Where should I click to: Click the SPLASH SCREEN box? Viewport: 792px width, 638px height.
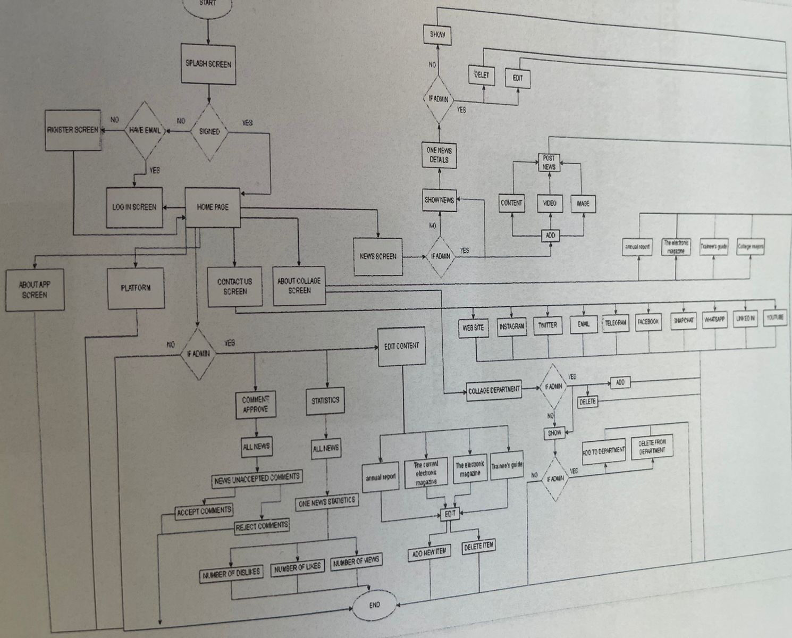(x=208, y=64)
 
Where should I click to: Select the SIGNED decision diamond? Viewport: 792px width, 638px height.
(x=209, y=131)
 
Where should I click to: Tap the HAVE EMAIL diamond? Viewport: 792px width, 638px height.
(x=145, y=130)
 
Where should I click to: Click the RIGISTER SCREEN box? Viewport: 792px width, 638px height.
(x=73, y=130)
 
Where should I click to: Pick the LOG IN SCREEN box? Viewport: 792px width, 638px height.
(x=134, y=207)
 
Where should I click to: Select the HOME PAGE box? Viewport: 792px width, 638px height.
(x=213, y=207)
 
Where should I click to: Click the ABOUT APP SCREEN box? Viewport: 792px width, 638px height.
(x=35, y=290)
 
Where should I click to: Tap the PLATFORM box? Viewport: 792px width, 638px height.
(x=136, y=288)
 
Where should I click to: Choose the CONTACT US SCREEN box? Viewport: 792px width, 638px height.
(x=235, y=286)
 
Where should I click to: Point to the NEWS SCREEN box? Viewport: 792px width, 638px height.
(x=378, y=256)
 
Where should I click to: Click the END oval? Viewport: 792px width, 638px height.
(x=374, y=605)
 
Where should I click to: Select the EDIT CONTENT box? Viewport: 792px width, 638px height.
(x=402, y=346)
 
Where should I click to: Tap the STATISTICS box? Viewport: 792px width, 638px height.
(x=325, y=400)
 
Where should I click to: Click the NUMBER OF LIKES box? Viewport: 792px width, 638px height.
(x=297, y=568)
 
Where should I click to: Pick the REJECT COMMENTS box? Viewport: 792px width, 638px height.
(x=262, y=526)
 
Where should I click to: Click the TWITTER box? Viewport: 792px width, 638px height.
(x=547, y=325)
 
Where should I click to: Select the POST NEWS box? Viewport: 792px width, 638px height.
(x=549, y=163)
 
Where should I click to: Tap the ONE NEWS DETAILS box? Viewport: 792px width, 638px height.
(x=439, y=155)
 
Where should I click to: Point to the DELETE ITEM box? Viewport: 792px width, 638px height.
(x=478, y=547)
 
